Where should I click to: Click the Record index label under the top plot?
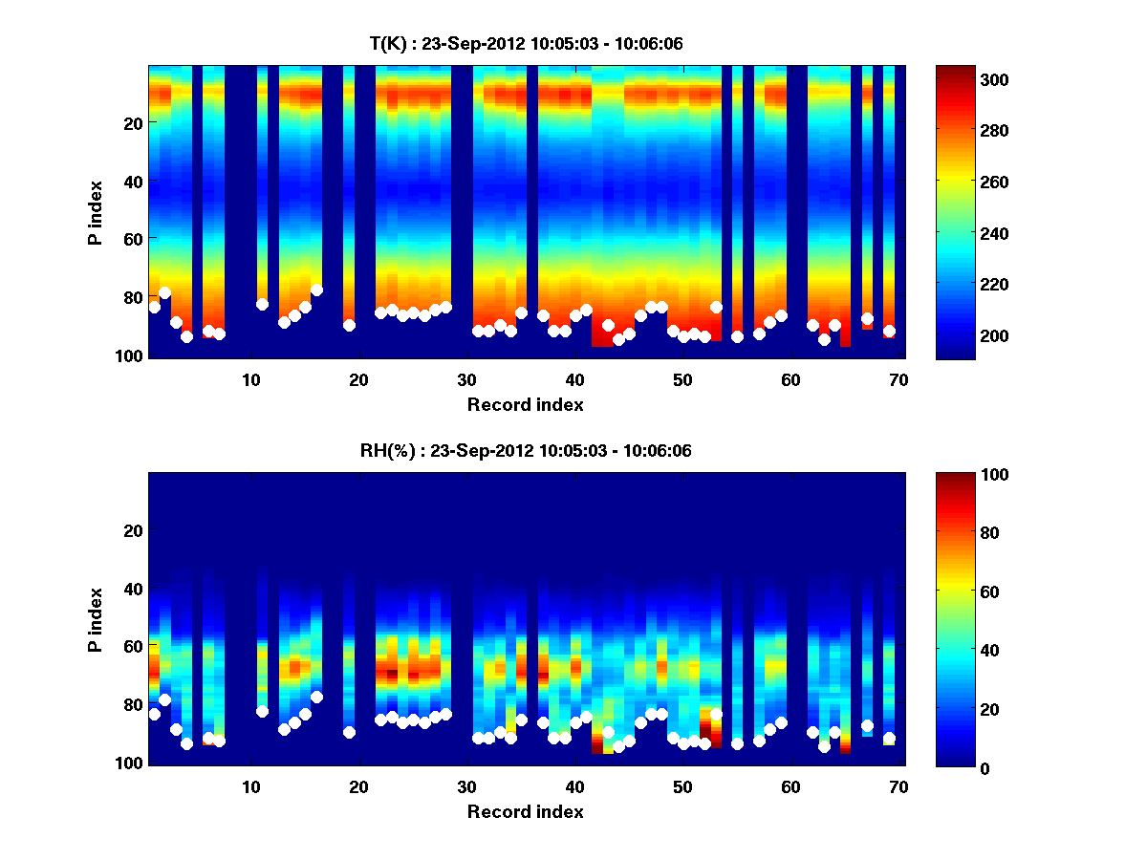(525, 404)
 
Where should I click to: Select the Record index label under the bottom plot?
(525, 811)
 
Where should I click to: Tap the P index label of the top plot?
(96, 212)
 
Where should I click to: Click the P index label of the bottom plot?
(96, 619)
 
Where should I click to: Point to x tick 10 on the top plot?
(250, 378)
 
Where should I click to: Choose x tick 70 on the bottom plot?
(898, 785)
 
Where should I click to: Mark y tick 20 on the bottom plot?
(133, 530)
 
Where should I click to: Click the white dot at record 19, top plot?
(349, 325)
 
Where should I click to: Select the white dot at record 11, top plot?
(262, 304)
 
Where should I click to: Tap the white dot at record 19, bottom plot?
(349, 732)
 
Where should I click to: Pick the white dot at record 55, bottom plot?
(737, 743)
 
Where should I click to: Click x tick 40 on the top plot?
(574, 378)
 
